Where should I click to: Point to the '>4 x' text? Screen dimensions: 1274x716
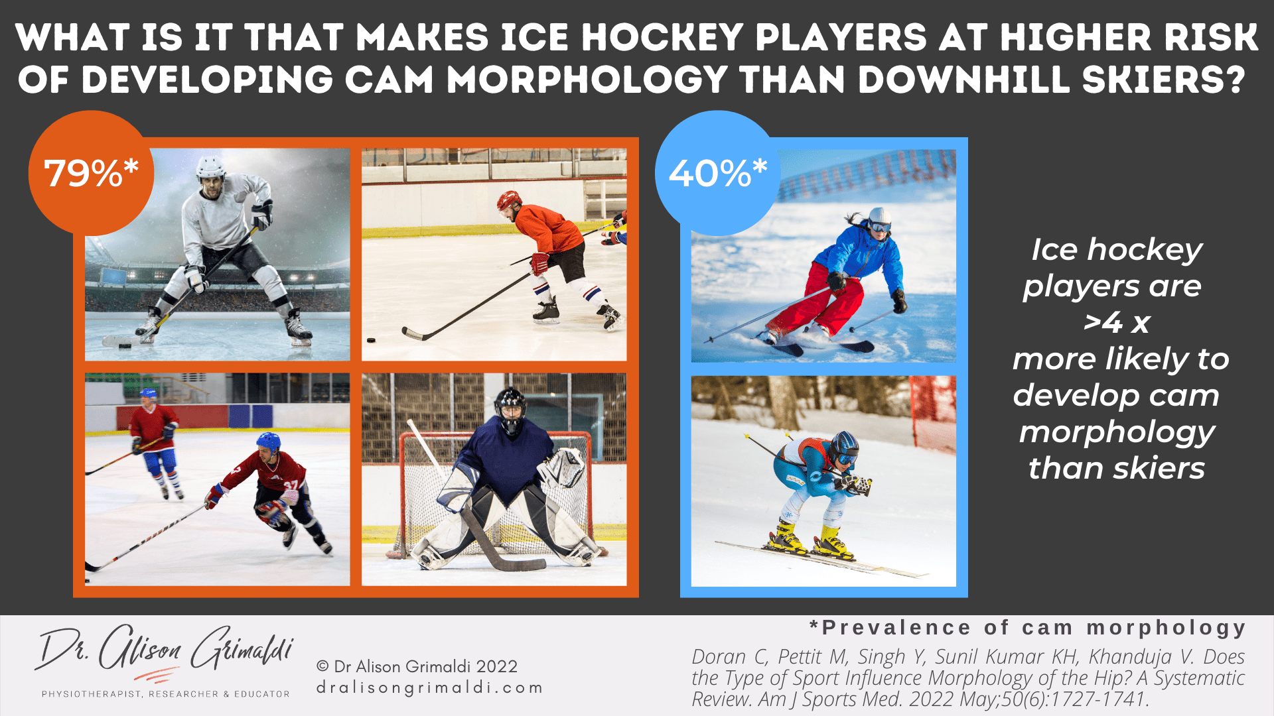coord(1117,323)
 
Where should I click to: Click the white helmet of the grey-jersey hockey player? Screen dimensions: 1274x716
coord(210,168)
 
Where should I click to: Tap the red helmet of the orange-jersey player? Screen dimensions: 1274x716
coord(509,200)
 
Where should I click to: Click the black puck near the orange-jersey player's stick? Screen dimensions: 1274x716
coord(371,341)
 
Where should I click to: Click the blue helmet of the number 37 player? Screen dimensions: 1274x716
coord(268,442)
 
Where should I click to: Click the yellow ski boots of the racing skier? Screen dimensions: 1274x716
coord(810,538)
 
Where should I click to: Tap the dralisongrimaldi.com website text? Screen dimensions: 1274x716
coord(429,688)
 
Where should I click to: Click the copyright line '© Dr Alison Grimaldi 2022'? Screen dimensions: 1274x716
coord(417,666)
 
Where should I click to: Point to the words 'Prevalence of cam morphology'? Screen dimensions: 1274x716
coord(1034,628)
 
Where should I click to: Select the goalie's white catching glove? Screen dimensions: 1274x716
coord(561,466)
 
